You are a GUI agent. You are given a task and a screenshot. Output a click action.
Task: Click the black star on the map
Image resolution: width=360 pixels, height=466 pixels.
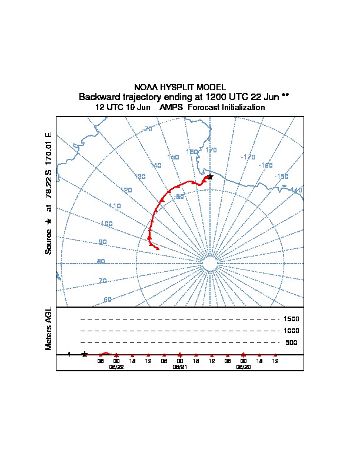pos(209,177)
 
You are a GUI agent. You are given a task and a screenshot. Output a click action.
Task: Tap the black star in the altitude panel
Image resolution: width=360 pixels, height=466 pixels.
pos(85,354)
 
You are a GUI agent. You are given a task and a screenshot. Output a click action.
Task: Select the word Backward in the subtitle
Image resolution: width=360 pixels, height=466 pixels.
pos(99,96)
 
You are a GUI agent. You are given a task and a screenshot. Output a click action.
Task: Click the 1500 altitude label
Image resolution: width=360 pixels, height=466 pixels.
pos(291,319)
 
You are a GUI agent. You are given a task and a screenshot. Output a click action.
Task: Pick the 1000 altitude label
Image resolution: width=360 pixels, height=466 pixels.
pos(291,331)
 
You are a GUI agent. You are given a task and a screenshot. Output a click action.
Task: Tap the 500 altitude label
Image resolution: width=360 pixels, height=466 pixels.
pos(291,342)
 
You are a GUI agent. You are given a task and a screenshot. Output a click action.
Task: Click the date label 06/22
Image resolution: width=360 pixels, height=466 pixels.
pos(116,366)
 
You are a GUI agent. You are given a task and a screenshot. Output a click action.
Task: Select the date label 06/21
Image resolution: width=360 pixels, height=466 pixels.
pos(179,366)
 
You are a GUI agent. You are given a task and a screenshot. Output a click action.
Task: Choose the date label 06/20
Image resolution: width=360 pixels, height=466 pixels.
pos(243,366)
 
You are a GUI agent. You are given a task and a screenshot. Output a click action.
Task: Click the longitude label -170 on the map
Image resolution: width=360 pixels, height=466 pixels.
pos(248,157)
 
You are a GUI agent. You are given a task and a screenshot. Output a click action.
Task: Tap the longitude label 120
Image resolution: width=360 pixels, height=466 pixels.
pos(125,190)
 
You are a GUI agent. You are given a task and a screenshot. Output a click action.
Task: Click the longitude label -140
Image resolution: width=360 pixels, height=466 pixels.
pos(296,190)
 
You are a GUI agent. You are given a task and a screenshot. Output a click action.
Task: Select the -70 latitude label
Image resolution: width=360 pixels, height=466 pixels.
pos(147,129)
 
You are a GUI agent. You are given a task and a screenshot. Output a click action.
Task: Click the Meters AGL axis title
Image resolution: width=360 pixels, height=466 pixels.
pos(49,328)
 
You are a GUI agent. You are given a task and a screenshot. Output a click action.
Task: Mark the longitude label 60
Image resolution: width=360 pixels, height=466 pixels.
pos(108,299)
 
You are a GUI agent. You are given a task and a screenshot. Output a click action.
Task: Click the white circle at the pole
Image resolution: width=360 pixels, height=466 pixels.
pos(210,263)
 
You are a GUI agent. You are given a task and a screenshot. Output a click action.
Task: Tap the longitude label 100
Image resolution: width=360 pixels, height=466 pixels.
pos(106,224)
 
